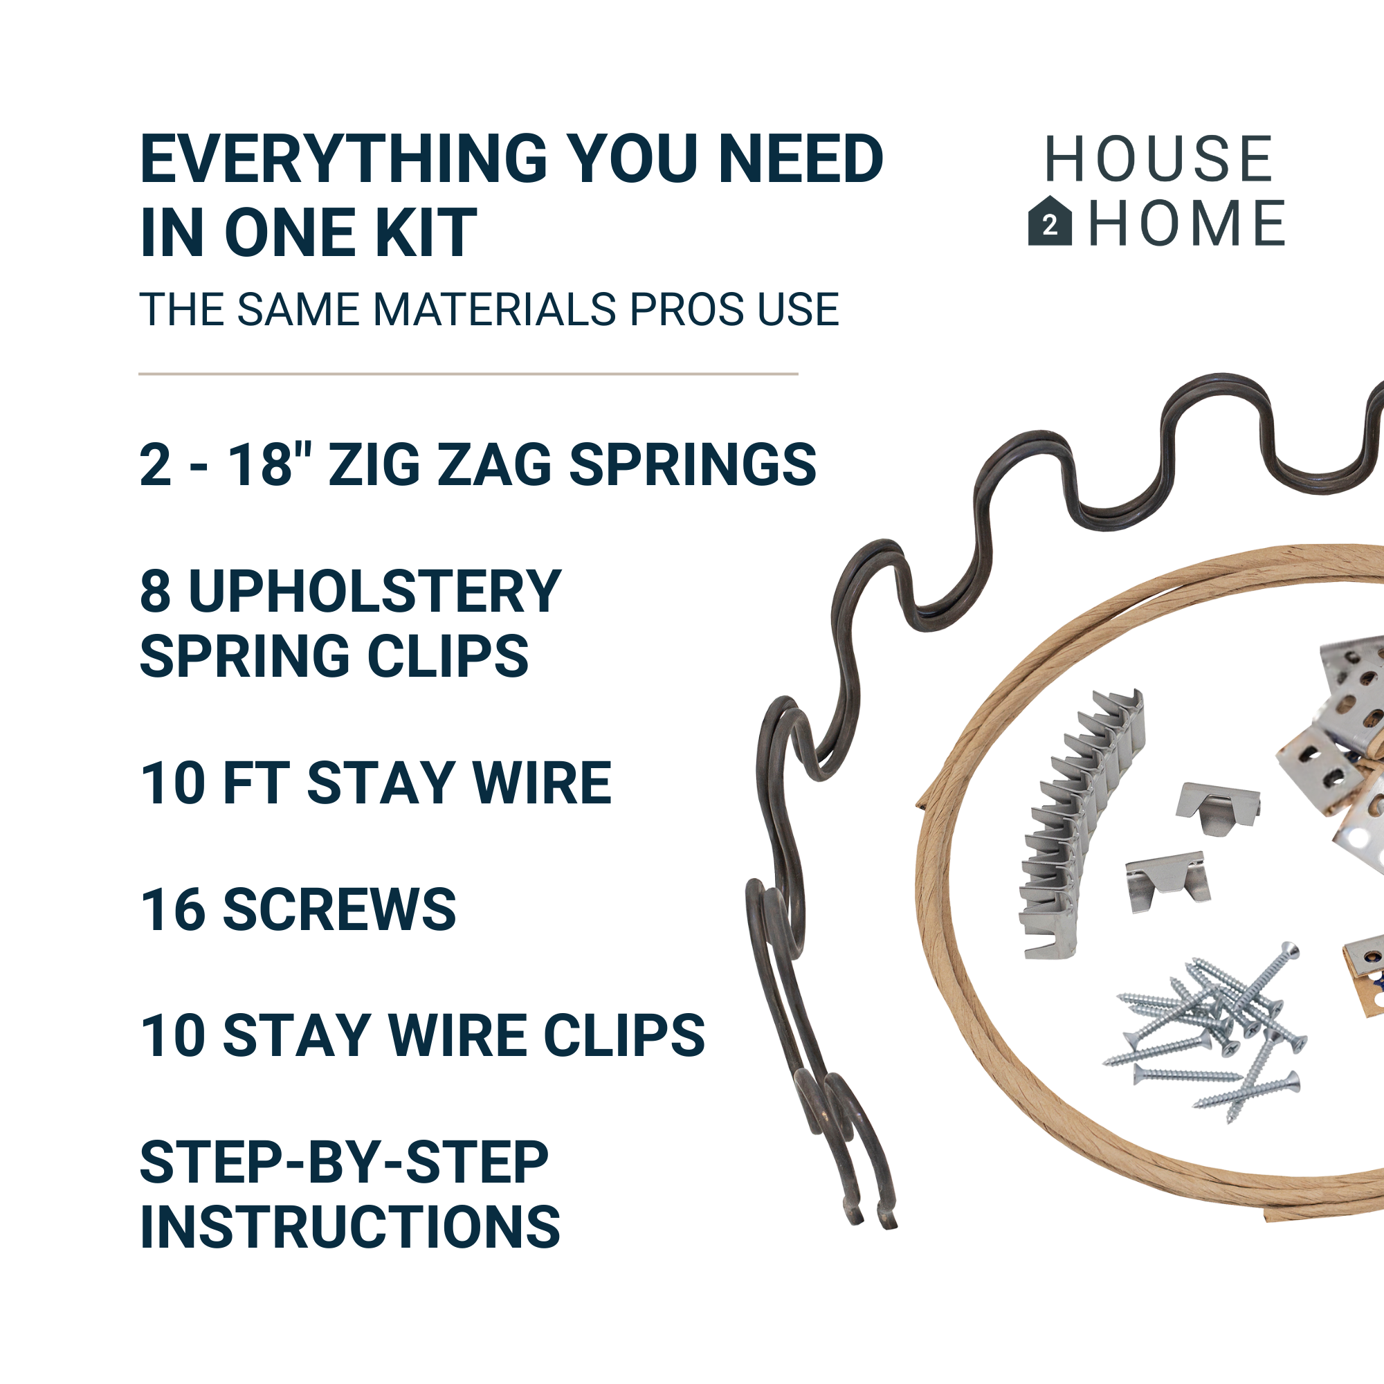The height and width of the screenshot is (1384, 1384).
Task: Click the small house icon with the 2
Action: tap(1050, 221)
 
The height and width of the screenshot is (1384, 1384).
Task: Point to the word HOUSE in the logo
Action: tap(1158, 159)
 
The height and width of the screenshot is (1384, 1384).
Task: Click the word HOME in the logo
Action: tap(1187, 223)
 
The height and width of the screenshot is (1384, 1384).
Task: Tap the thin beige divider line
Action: tap(468, 374)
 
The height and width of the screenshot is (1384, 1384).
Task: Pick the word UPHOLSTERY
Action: tap(374, 592)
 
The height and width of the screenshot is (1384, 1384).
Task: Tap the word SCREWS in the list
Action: tap(340, 910)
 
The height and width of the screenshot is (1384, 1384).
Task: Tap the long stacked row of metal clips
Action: tap(1080, 823)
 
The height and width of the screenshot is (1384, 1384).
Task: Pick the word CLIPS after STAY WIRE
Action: tap(625, 1036)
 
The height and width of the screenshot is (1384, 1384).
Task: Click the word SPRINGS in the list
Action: tap(693, 464)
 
